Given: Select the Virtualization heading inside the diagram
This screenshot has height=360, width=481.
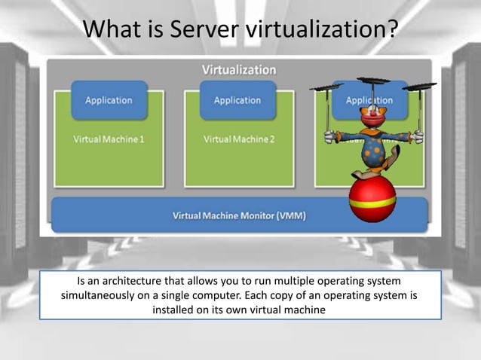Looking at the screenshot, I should pos(238,70).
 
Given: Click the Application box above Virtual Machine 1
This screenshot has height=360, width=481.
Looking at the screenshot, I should pos(109,100).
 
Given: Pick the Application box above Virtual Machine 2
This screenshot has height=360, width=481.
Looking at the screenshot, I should pos(237,100).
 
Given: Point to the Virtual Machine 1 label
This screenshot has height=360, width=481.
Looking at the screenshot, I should pos(109,139).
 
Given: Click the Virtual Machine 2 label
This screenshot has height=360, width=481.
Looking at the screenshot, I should pos(239,139).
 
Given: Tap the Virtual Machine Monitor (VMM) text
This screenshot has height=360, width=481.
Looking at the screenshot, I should pos(239,216).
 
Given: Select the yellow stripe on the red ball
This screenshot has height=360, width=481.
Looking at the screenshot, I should pos(372,202).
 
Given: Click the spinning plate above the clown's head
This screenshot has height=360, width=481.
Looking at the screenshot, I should pos(373,80).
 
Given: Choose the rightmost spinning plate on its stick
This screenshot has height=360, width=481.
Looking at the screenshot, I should pos(419,87).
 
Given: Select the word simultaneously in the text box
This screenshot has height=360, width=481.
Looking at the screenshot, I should pos(103,295).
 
